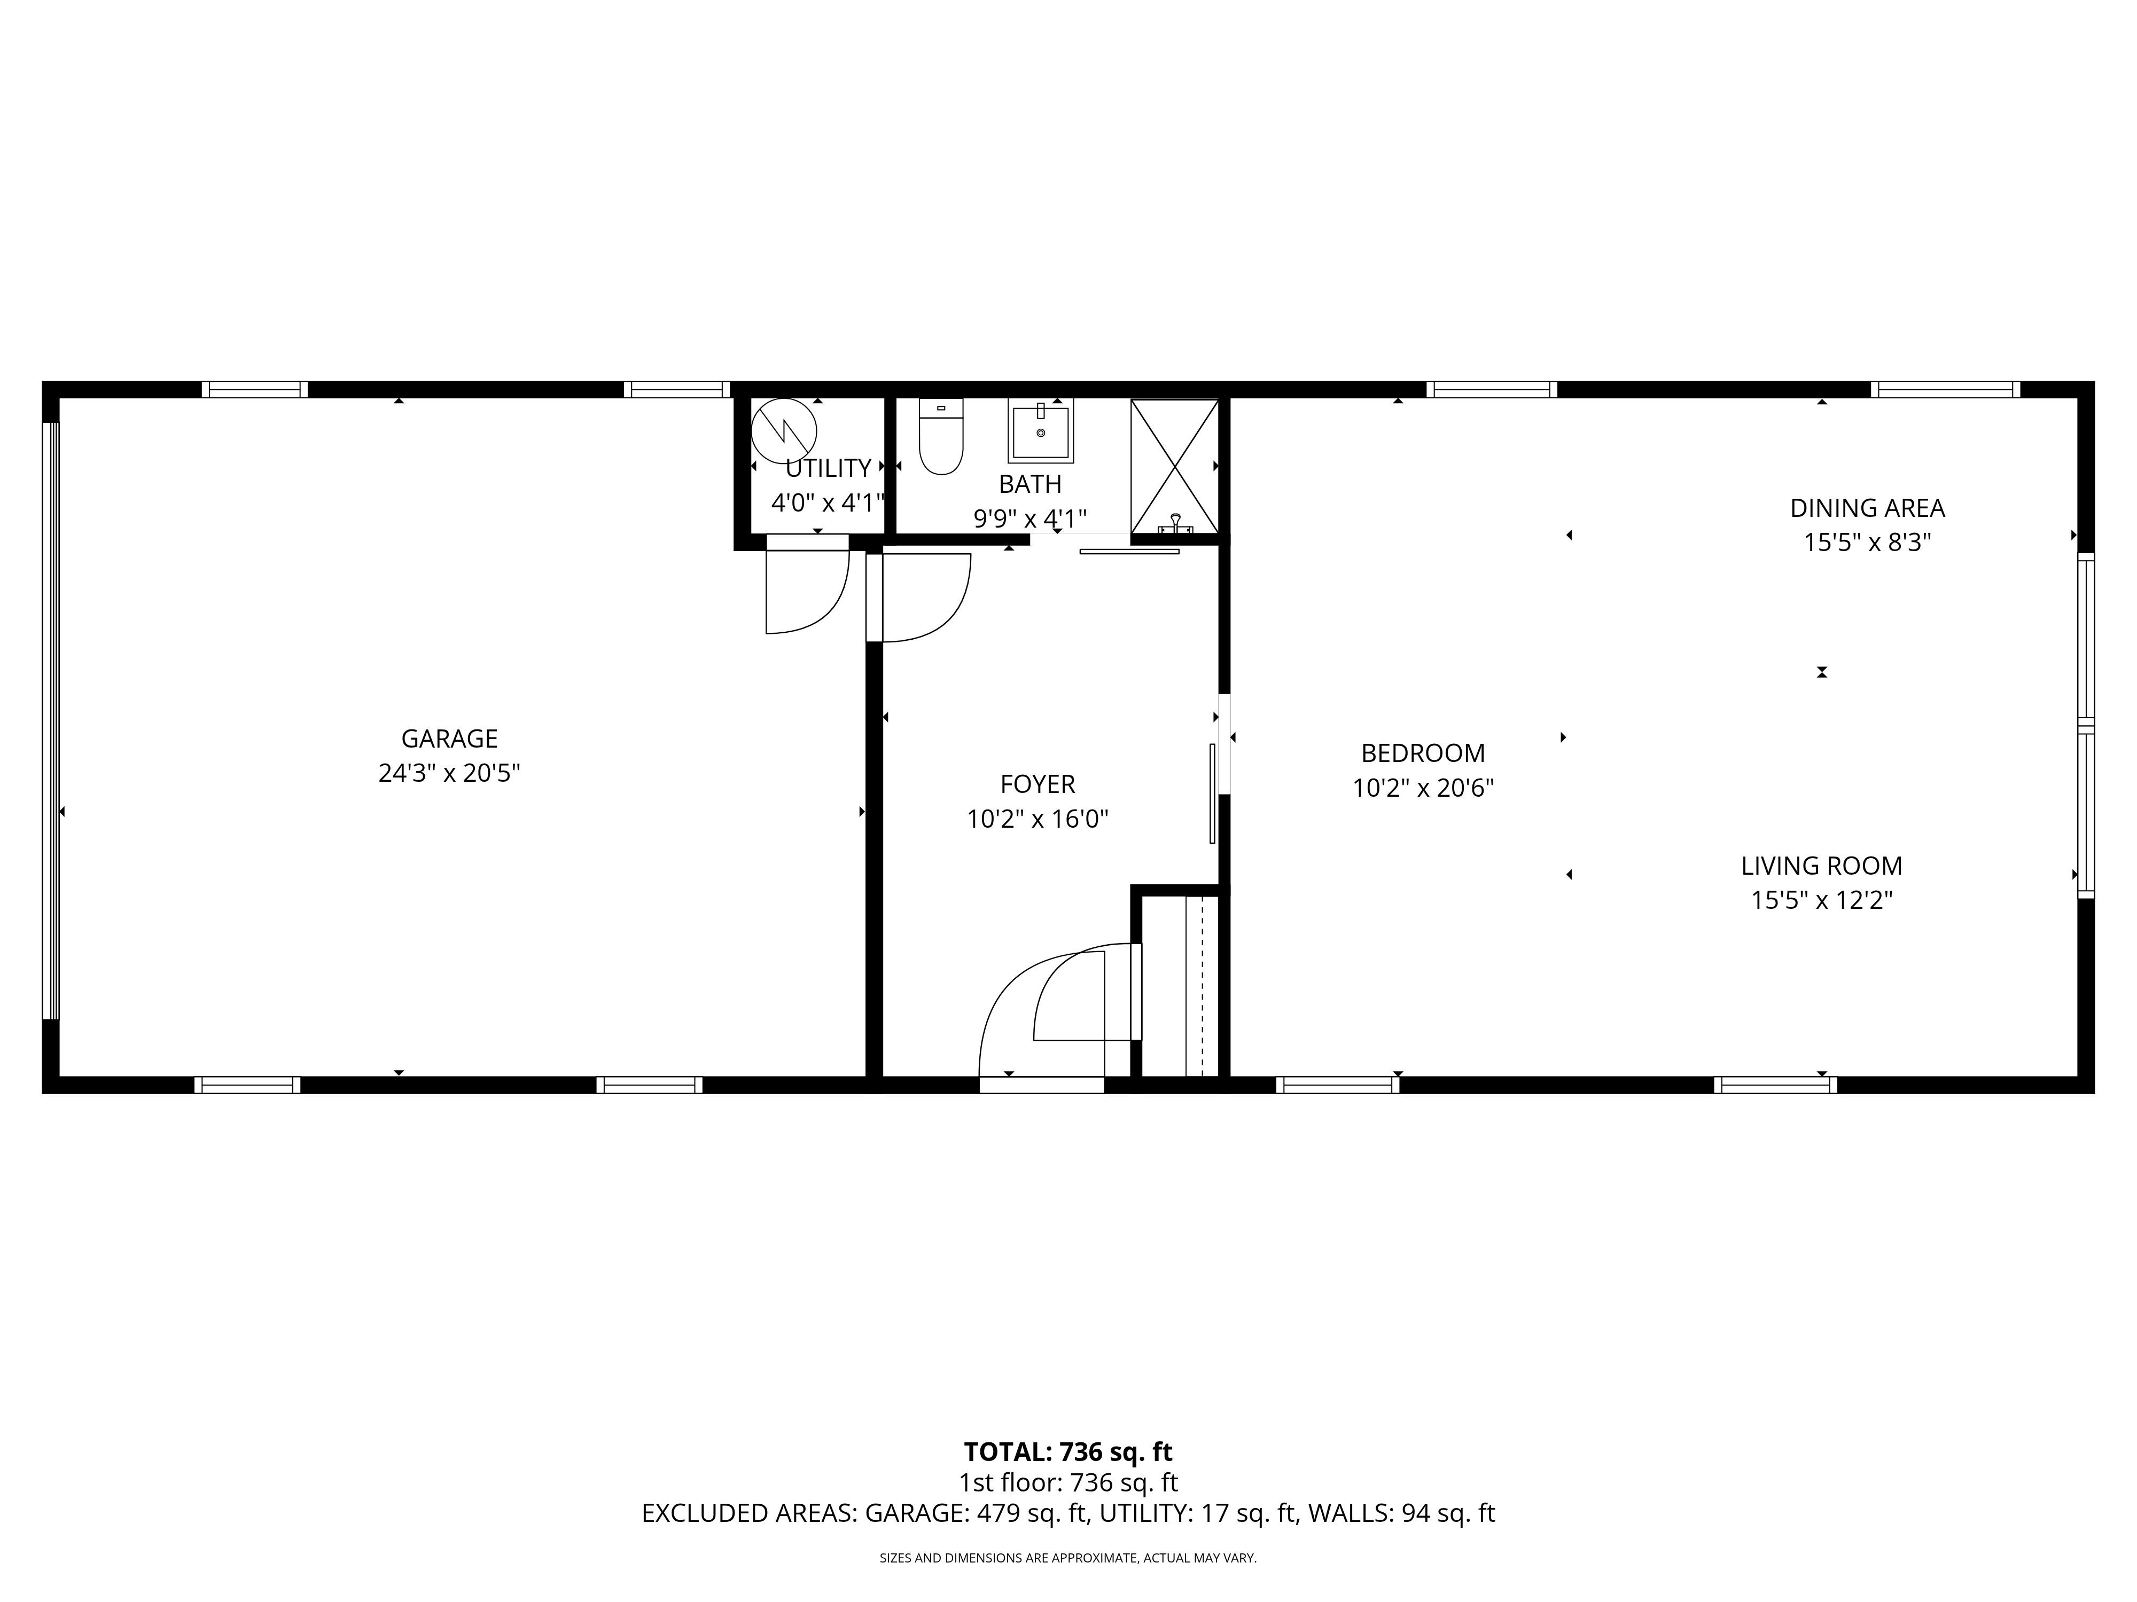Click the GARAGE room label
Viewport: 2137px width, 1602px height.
pos(449,739)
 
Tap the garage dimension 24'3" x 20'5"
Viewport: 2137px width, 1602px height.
pos(449,773)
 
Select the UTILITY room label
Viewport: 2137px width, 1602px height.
pos(828,468)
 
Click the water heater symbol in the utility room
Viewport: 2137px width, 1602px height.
pos(784,431)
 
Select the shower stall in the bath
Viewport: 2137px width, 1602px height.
pos(1174,466)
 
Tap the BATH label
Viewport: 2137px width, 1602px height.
pos(1030,484)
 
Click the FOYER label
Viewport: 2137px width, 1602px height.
pos(1038,784)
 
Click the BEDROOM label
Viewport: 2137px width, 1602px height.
pos(1423,753)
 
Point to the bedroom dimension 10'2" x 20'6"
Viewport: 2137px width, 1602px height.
pos(1423,789)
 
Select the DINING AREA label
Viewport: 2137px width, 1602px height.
pos(1867,508)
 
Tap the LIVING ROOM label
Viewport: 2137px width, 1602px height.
pos(1821,866)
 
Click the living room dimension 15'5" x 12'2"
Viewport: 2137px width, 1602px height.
pos(1821,901)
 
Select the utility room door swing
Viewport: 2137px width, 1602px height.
pos(807,591)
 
